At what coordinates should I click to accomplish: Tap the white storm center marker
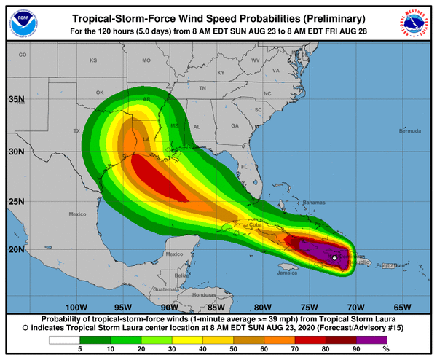pos(334,258)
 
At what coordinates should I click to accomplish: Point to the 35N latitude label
pos(16,98)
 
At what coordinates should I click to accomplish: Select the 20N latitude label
pos(16,249)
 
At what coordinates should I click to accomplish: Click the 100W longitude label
pos(76,306)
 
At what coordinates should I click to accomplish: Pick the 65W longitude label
pos(402,306)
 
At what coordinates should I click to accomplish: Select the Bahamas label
pos(294,202)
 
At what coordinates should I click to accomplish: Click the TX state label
pos(76,130)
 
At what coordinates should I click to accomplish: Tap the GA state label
pos(235,126)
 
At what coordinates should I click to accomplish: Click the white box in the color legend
pos(65,340)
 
